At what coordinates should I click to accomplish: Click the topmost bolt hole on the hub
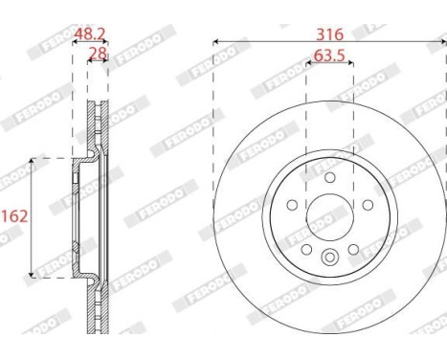(x=329, y=177)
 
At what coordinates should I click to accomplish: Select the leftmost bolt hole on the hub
(x=291, y=203)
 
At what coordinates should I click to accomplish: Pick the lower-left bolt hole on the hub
(x=304, y=248)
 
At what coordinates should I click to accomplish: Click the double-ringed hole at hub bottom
(x=329, y=257)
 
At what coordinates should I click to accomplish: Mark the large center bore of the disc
(x=329, y=217)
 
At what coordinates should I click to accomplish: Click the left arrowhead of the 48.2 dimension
(x=75, y=42)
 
